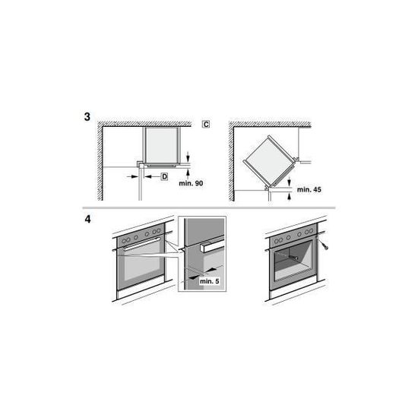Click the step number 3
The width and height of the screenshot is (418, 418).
[87, 117]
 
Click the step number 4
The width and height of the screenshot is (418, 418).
[87, 219]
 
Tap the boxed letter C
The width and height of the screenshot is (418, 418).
[206, 124]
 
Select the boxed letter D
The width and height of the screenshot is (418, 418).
[164, 176]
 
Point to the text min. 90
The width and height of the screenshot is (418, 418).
[191, 183]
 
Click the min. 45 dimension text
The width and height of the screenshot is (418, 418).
[309, 190]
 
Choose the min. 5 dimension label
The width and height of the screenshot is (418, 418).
[210, 281]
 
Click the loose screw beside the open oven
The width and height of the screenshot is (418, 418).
[325, 246]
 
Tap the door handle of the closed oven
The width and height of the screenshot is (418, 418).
[141, 244]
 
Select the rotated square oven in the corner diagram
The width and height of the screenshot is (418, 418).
[270, 161]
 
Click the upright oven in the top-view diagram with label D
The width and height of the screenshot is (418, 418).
[162, 146]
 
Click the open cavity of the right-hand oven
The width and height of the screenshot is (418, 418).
[293, 259]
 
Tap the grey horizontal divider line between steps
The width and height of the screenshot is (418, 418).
[209, 207]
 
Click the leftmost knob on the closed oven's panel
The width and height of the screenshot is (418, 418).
[124, 241]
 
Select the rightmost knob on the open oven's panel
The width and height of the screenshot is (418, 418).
[311, 231]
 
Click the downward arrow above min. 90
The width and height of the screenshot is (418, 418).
[188, 157]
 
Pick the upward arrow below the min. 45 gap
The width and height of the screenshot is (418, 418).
[290, 197]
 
